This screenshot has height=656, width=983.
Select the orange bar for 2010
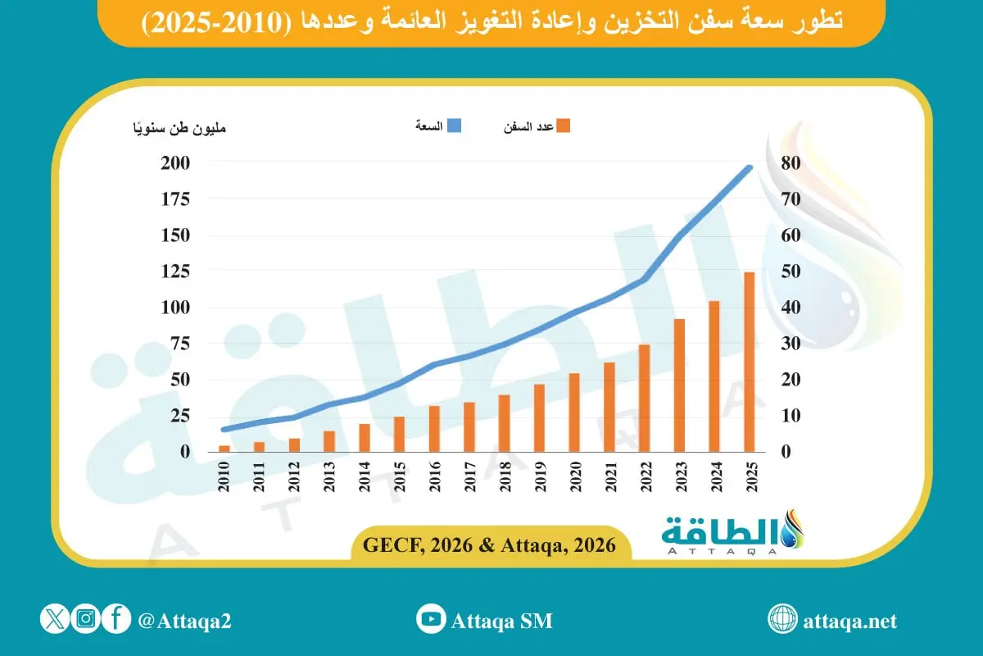(x=224, y=448)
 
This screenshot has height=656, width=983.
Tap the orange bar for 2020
(x=574, y=412)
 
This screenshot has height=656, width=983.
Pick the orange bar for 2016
(x=434, y=428)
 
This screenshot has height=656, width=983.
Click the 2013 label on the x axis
(x=329, y=476)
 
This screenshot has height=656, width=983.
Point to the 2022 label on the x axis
(x=645, y=476)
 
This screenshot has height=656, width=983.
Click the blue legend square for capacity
(x=454, y=126)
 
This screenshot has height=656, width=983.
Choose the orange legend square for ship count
(x=563, y=126)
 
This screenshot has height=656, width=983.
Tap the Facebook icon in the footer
(x=116, y=619)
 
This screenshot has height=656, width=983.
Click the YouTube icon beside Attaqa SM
(x=430, y=620)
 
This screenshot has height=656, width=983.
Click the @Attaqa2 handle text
(x=185, y=621)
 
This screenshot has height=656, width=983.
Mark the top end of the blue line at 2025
(x=749, y=168)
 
